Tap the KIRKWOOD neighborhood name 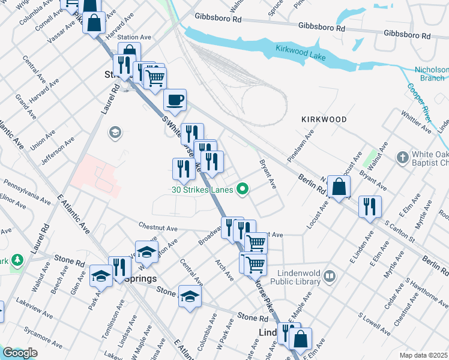click(x=324, y=119)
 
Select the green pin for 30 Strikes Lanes click(x=243, y=190)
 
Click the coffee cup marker click(x=175, y=100)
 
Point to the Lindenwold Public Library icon click(x=329, y=276)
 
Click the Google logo click(x=20, y=353)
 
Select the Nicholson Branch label click(x=432, y=74)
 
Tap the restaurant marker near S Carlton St click(x=370, y=206)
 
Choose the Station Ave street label click(x=134, y=37)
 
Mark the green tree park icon click(x=17, y=259)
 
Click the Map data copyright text click(x=423, y=355)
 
